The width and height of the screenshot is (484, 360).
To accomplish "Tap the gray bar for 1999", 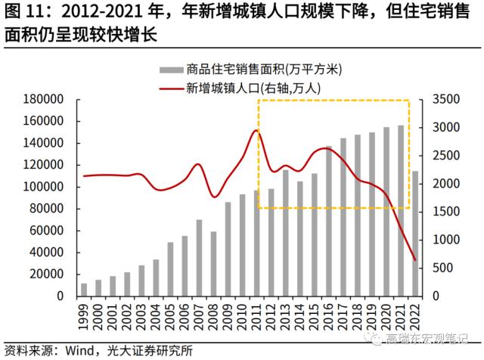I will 84,290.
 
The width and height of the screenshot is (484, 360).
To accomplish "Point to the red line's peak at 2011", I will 256,130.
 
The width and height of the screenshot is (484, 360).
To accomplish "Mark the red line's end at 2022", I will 414,261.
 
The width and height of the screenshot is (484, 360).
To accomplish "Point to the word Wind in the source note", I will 73,350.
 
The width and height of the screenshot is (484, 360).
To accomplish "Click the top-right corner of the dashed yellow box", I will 409,100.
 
